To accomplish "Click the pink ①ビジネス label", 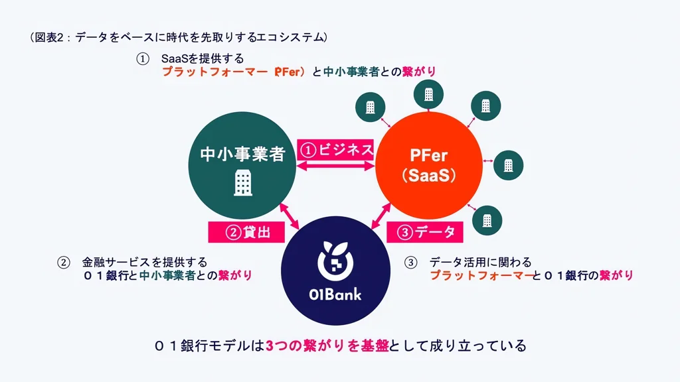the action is click(335, 150).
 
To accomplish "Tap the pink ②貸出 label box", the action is click(246, 232).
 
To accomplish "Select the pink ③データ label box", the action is click(424, 232).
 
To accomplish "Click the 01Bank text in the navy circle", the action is click(335, 295).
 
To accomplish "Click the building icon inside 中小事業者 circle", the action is click(242, 183).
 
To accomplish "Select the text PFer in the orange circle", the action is click(428, 155).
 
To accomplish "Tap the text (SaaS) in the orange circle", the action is click(428, 175).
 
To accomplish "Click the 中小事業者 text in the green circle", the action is click(242, 154).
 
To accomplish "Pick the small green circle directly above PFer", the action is click(428, 94).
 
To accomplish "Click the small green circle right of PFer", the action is click(508, 165).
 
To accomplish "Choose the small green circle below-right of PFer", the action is click(487, 220).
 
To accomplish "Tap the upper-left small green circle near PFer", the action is click(371, 107).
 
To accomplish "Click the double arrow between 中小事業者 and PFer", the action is click(335, 165).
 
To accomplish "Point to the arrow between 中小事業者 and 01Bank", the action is click(290, 216).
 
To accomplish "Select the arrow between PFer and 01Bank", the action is click(381, 216).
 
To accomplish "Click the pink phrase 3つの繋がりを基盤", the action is click(327, 346).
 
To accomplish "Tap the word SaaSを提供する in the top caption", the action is click(203, 58).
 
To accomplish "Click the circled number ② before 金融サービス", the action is click(63, 263).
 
